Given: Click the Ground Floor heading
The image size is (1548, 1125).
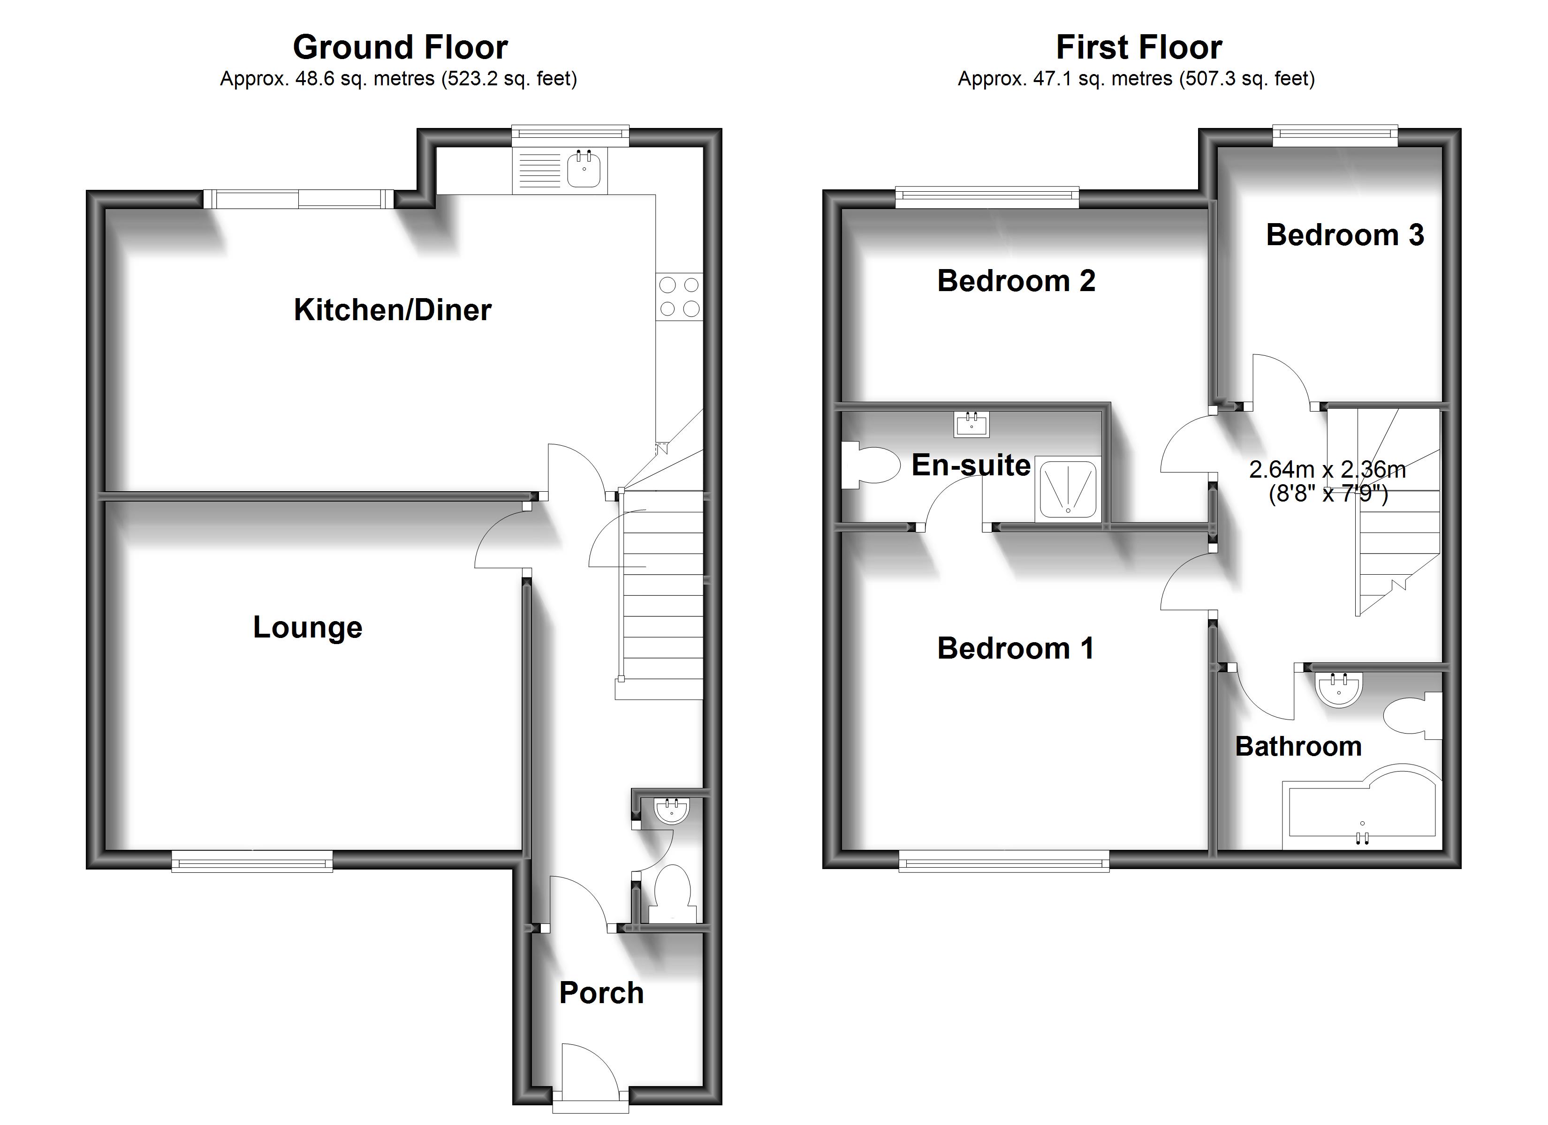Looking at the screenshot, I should (x=400, y=48).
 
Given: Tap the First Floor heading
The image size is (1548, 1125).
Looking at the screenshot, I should (x=1138, y=48).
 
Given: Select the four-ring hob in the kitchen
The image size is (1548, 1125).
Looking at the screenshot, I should (x=679, y=297).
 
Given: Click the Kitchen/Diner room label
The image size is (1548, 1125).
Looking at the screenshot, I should (x=393, y=310).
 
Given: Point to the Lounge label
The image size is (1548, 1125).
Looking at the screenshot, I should (x=307, y=628).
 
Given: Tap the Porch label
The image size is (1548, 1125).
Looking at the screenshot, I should (x=601, y=993).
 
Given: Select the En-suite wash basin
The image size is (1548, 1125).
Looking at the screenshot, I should (x=971, y=424).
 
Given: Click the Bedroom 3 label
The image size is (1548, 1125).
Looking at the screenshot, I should (x=1344, y=235).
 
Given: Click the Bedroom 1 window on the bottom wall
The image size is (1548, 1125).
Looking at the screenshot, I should (x=1003, y=865).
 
